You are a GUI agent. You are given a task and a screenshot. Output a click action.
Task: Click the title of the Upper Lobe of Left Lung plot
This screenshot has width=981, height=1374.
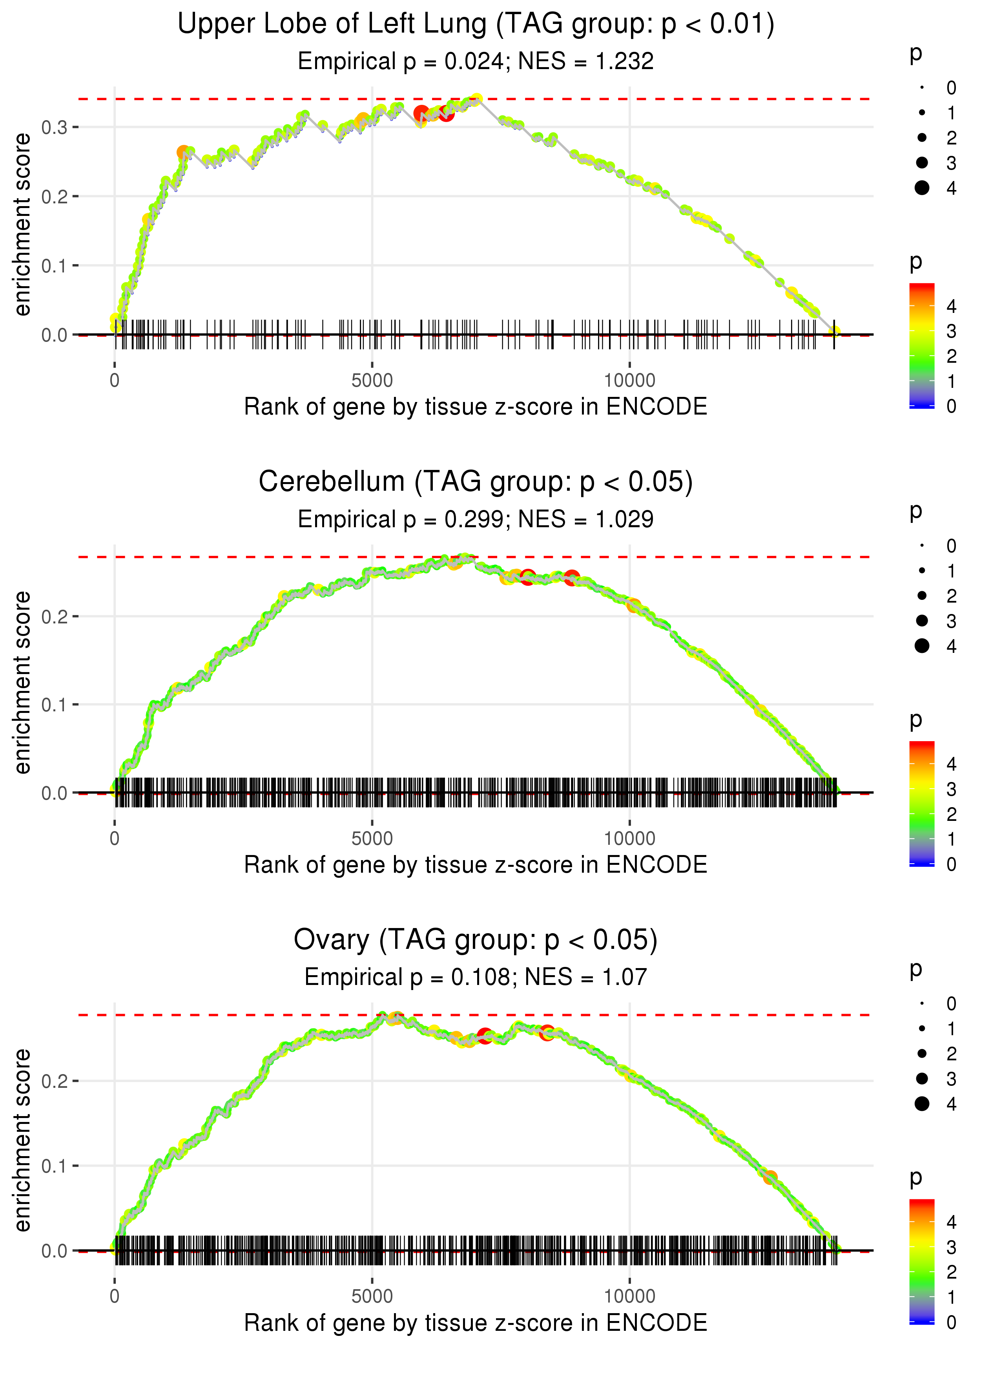click(x=476, y=24)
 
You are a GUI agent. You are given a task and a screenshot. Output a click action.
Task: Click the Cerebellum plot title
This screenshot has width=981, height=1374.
click(x=476, y=482)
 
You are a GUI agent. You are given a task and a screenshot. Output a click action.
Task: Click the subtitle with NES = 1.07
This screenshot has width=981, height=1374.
click(x=476, y=977)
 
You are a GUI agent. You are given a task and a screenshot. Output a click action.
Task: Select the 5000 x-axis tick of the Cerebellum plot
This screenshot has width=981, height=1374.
click(x=372, y=838)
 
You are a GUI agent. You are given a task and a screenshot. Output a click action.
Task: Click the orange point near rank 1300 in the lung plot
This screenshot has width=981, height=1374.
click(x=183, y=153)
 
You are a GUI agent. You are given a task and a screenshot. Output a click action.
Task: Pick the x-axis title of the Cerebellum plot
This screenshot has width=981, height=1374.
click(x=476, y=865)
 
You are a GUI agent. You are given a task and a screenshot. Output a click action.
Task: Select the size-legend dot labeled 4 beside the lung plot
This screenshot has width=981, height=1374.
click(x=922, y=188)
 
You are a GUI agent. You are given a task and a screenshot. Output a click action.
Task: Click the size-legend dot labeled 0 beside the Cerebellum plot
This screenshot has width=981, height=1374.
click(x=922, y=546)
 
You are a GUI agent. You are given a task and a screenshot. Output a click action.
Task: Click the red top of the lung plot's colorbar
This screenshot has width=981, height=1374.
click(x=922, y=288)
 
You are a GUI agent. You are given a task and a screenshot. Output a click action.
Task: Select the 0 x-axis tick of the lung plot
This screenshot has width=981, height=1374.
click(x=115, y=381)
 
